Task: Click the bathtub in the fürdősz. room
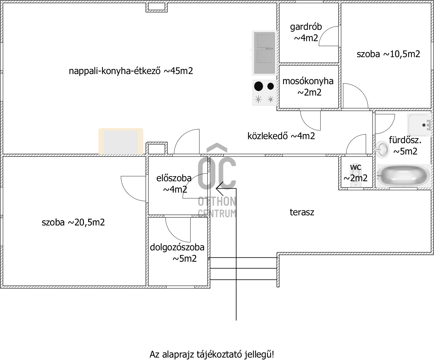coord(403,176)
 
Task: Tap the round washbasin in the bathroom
coord(382,149)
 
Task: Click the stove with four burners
coord(264,92)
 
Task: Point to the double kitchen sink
coord(264,53)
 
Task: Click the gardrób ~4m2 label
coord(306,32)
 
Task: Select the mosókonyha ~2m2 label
coord(308,87)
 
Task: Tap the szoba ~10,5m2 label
coord(388,54)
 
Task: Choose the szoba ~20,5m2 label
coord(73,222)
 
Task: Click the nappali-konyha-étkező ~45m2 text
coord(131,71)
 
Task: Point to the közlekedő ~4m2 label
coord(281,136)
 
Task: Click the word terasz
coord(302,212)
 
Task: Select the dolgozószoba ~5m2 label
coord(177,253)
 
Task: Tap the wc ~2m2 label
coord(356,172)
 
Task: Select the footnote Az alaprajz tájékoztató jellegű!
coord(212,354)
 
